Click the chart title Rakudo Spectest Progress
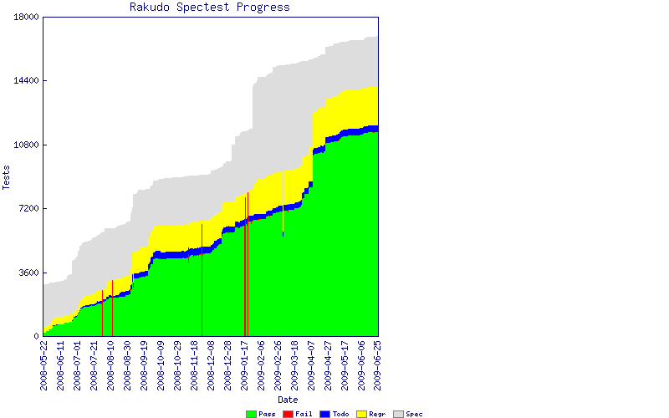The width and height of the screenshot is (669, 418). point(210,8)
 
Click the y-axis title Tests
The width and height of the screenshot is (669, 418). point(7,176)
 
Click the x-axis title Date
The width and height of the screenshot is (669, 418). point(288,400)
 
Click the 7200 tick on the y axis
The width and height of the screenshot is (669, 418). point(29,209)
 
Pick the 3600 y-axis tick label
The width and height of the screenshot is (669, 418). point(29,273)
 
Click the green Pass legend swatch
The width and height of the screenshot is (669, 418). point(251,414)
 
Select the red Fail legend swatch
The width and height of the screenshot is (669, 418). point(288,414)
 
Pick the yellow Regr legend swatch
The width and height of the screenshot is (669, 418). point(361,414)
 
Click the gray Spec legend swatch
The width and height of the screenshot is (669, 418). point(398,414)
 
